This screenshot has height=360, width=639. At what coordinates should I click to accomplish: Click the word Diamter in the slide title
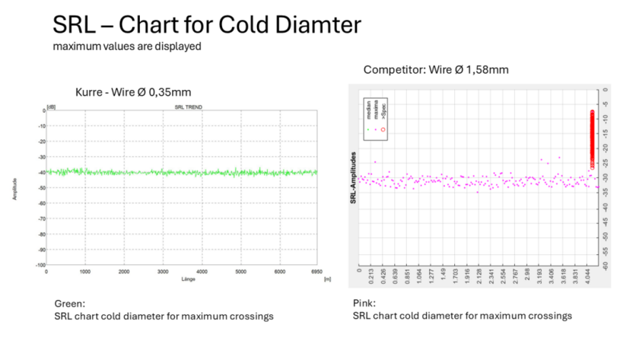click(x=312, y=24)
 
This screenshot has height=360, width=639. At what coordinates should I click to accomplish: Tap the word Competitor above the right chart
click(x=393, y=70)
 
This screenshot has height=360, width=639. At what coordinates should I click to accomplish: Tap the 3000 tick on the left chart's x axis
click(x=163, y=272)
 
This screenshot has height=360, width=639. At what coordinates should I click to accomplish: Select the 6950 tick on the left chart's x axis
click(x=316, y=272)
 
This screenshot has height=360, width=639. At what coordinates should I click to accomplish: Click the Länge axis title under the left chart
click(x=182, y=279)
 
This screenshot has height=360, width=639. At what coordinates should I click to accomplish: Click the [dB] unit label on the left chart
click(x=51, y=107)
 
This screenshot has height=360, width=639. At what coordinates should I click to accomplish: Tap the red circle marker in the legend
click(x=383, y=130)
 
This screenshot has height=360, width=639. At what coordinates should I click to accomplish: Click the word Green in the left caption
click(x=65, y=302)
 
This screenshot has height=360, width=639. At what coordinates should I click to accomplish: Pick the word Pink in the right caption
click(x=364, y=302)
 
